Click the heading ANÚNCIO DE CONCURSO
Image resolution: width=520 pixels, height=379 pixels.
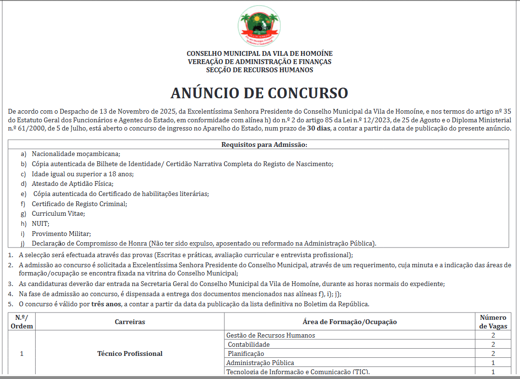(259, 93)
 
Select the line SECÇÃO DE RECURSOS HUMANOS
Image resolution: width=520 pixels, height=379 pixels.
(260, 70)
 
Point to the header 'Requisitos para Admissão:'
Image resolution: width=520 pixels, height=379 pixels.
(264, 144)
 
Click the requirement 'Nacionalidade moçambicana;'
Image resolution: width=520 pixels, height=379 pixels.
(76, 154)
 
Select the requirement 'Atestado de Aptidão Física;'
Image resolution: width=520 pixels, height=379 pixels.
(72, 183)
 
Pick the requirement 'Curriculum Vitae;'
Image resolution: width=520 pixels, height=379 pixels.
(58, 213)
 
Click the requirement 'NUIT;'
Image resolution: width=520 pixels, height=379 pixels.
(41, 223)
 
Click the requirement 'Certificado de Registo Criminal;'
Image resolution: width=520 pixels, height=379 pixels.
(80, 204)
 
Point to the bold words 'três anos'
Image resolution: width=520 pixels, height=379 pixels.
(106, 304)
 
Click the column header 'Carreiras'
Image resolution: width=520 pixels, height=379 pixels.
(130, 322)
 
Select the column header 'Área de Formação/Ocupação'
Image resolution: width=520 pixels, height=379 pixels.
(349, 322)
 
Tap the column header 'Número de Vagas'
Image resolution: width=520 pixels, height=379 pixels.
(493, 322)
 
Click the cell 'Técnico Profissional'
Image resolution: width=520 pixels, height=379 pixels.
(130, 353)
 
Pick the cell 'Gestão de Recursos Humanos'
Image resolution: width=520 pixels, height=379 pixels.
(271, 335)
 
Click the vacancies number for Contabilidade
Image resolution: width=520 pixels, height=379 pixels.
(493, 344)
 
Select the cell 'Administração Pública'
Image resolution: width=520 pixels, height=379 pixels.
(260, 363)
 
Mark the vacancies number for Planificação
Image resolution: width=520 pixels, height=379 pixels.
(493, 353)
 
